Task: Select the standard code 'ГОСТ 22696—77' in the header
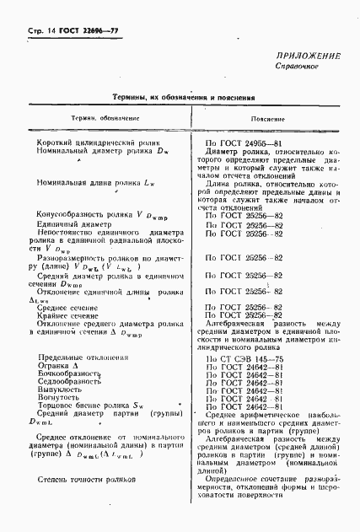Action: (x=78, y=30)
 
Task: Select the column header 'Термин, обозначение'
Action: (x=83, y=119)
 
